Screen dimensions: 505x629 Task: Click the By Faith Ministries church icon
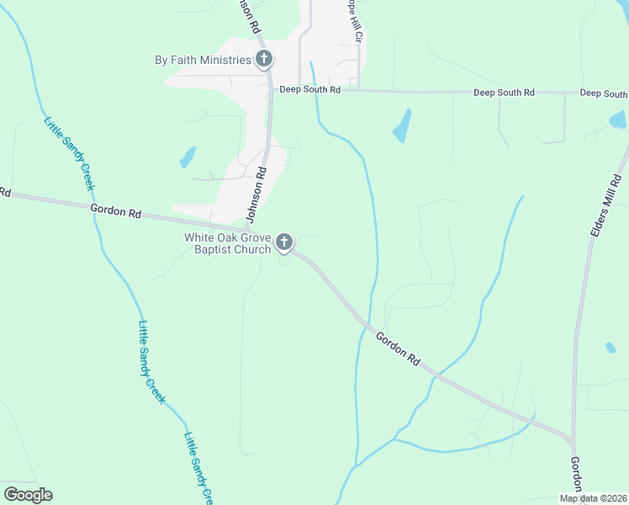(264, 59)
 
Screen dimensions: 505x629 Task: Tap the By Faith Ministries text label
(203, 60)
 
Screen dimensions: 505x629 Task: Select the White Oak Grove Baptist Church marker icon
(284, 243)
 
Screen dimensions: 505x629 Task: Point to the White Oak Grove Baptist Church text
(228, 243)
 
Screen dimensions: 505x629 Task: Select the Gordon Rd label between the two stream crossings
(398, 348)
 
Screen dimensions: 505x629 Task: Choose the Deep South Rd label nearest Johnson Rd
(309, 89)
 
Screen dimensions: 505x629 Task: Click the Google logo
(28, 494)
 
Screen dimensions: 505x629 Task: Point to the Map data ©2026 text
(594, 498)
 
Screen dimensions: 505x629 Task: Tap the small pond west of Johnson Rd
(187, 157)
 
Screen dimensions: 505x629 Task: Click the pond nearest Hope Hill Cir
(402, 125)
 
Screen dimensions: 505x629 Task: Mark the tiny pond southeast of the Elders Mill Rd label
(610, 347)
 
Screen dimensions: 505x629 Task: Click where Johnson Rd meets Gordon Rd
(247, 228)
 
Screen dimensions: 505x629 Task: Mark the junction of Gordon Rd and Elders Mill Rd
(573, 439)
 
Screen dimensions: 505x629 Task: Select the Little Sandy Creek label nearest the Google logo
(200, 464)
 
